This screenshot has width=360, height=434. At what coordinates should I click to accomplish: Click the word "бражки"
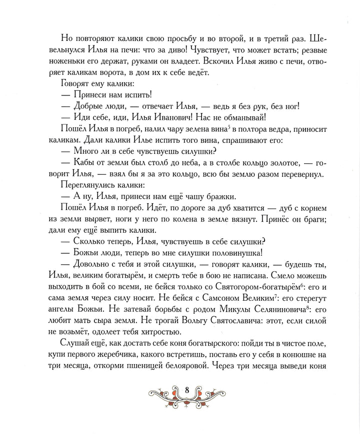pyautogui.click(x=227, y=198)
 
